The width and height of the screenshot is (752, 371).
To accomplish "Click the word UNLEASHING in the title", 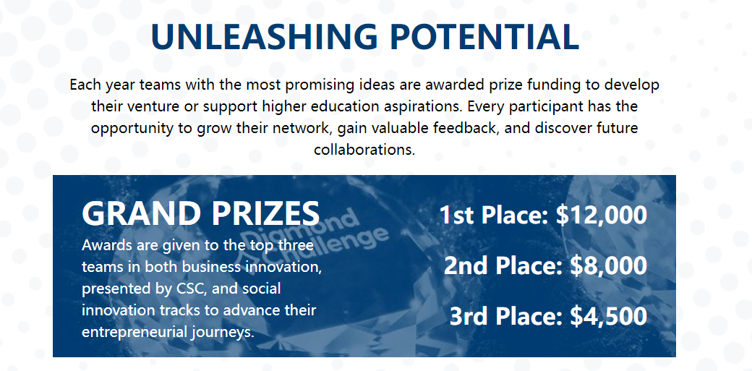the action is tap(264, 36).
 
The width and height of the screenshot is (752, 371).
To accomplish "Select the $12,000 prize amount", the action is tap(602, 216).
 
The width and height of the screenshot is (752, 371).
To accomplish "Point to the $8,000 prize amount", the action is tap(609, 266).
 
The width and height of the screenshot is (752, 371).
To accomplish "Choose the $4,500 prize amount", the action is tap(609, 316).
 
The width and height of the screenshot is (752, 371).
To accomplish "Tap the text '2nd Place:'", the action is tap(503, 266).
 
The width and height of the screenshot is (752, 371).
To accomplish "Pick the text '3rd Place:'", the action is tap(506, 316).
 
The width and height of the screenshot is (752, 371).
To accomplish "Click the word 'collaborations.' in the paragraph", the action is tap(364, 149).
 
